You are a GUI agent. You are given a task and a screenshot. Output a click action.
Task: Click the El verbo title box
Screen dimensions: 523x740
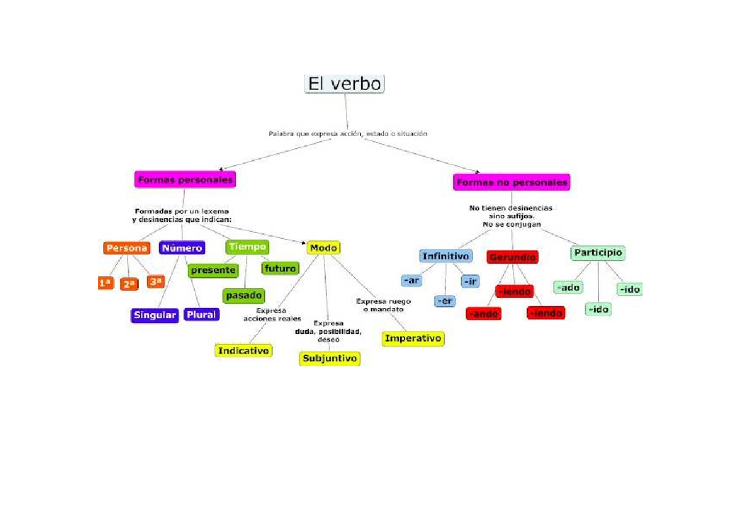345,83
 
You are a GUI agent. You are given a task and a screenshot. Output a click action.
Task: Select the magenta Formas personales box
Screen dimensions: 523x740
185,180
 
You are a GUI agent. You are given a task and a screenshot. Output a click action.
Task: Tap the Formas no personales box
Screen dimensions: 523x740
511,182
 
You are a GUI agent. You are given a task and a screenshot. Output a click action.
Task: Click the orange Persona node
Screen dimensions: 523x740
126,248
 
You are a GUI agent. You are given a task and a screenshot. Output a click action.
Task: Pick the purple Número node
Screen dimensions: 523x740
182,248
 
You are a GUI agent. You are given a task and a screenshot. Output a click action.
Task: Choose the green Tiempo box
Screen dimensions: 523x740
247,247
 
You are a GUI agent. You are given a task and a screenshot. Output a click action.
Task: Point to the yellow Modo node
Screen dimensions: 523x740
323,248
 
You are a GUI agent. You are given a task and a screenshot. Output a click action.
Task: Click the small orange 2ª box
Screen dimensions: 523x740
128,284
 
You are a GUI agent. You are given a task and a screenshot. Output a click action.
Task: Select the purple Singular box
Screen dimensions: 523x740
154,315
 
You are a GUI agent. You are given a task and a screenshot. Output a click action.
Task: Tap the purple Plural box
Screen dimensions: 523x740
201,315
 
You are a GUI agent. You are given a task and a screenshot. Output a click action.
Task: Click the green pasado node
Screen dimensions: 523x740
244,296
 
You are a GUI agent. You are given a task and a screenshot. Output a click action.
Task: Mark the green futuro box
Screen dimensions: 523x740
280,269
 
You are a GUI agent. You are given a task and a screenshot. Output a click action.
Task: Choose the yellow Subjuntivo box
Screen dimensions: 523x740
330,358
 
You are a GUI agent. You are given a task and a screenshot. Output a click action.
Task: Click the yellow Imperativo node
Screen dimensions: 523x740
413,339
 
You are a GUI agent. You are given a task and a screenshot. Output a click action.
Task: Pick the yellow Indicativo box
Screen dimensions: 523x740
244,351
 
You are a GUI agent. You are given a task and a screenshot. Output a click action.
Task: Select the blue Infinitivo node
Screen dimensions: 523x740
446,256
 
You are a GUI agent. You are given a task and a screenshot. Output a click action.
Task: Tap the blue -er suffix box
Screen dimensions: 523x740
445,301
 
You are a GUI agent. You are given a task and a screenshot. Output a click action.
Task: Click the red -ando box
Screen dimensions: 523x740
483,314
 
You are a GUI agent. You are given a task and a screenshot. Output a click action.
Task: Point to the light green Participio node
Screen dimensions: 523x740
598,253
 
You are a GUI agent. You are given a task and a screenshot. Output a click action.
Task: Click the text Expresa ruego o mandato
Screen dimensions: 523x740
383,305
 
